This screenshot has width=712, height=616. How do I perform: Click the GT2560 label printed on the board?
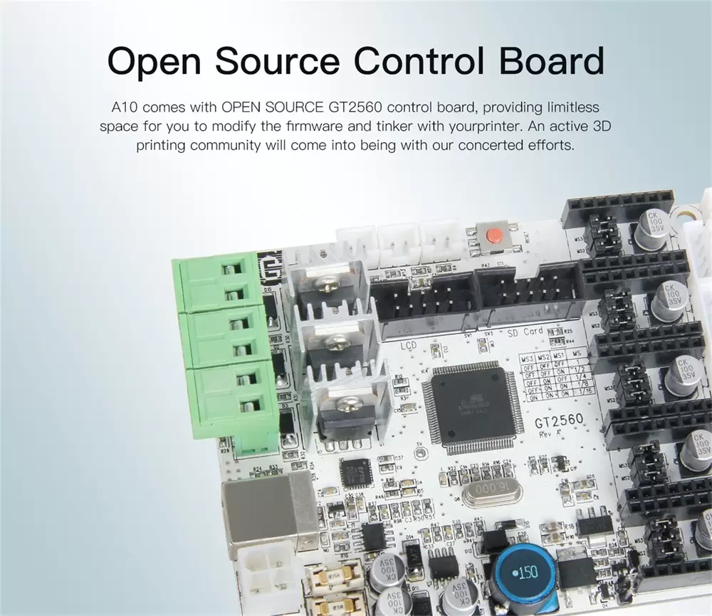tap(559, 421)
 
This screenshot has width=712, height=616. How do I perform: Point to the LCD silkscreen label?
tap(408, 346)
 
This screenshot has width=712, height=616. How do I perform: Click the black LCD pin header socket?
tap(426, 299)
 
